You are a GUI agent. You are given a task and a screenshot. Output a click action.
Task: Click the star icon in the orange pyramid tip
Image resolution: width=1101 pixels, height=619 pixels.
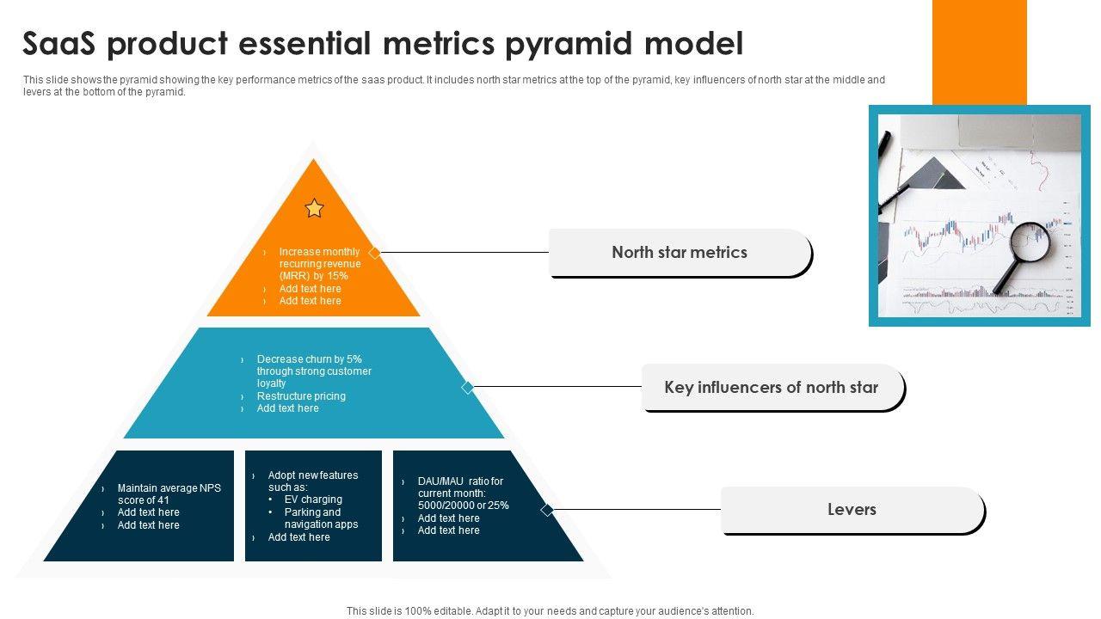tap(315, 208)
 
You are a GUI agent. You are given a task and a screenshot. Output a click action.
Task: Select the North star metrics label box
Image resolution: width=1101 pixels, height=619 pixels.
tap(680, 253)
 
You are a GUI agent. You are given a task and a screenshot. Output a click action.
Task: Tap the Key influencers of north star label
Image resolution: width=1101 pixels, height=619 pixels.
tap(772, 388)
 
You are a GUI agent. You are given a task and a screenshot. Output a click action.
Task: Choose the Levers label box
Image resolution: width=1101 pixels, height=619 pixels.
tap(852, 510)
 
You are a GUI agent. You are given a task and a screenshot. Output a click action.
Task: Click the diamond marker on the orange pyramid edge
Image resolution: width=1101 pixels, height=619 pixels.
tap(374, 253)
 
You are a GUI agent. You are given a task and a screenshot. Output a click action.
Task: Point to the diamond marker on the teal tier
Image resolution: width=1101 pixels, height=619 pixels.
tap(468, 388)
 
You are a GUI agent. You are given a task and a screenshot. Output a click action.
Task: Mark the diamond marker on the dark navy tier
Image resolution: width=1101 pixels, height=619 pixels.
tap(547, 510)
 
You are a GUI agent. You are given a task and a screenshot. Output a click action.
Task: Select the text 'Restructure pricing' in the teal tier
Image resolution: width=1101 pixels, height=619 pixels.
tap(301, 396)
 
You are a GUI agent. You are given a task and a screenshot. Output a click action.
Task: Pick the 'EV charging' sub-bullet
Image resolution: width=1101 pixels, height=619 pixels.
tap(313, 499)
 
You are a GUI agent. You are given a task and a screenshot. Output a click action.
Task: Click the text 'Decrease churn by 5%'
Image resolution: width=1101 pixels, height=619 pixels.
tap(309, 359)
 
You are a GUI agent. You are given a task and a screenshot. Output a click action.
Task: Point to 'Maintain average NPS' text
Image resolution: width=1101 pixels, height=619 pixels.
tap(169, 488)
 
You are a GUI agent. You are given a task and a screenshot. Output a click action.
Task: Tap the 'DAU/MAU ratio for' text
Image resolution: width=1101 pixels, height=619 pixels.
tap(460, 481)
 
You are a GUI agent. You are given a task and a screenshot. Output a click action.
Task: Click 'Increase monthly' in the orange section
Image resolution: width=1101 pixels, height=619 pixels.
tap(319, 252)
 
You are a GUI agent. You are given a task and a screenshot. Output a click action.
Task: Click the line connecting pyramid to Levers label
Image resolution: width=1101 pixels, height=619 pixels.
tap(637, 510)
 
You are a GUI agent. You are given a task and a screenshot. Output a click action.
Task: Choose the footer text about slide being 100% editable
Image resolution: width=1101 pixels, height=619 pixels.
tap(550, 611)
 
